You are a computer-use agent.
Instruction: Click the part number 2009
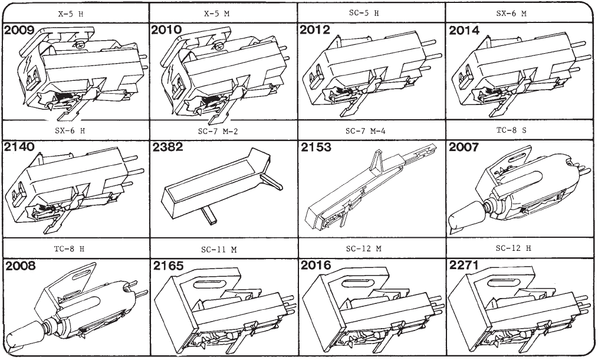pyautogui.click(x=19, y=30)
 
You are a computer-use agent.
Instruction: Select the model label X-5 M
pyautogui.click(x=216, y=14)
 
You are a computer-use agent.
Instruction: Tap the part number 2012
pyautogui.click(x=315, y=30)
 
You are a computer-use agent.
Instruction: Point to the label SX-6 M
pyautogui.click(x=511, y=14)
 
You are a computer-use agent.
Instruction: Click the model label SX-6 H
pyautogui.click(x=70, y=130)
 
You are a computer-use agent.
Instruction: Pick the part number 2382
pyautogui.click(x=168, y=147)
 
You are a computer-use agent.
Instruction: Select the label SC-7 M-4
pyautogui.click(x=366, y=131)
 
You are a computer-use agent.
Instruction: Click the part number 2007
pyautogui.click(x=464, y=147)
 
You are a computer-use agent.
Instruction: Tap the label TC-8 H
pyautogui.click(x=69, y=249)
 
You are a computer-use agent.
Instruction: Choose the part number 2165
pyautogui.click(x=168, y=266)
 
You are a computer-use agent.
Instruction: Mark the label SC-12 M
pyautogui.click(x=364, y=249)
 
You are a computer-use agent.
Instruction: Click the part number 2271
pyautogui.click(x=464, y=265)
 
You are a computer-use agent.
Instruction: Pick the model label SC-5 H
pyautogui.click(x=364, y=13)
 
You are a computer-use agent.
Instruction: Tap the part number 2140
pyautogui.click(x=19, y=147)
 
